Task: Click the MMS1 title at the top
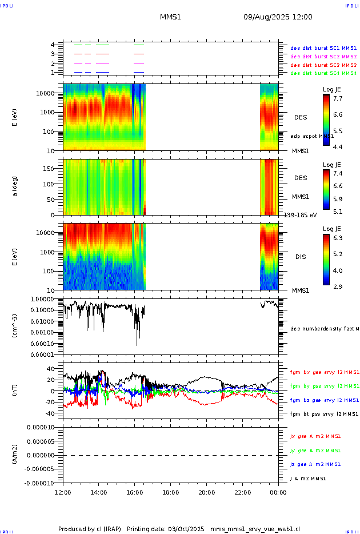coord(170,17)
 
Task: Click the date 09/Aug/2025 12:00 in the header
coord(278,17)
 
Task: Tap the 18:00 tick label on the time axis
coord(170,492)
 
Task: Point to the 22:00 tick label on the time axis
coord(242,492)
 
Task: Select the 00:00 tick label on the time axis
coord(278,492)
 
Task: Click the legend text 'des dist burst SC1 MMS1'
coord(323,49)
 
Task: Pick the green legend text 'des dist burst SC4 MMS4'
coord(323,73)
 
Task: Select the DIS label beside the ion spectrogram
coord(301,257)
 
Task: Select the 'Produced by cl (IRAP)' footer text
coord(90,529)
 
